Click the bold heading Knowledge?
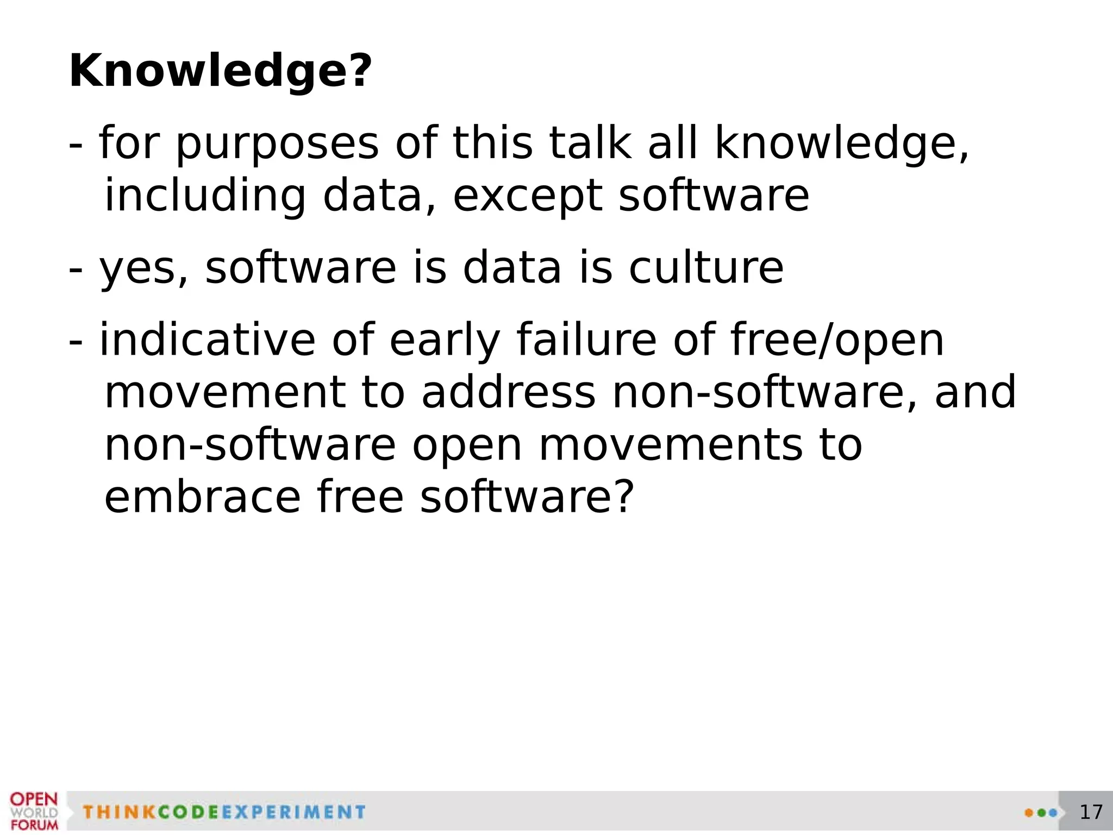(221, 71)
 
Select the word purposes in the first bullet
(277, 145)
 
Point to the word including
(205, 197)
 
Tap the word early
(445, 341)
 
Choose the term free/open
(837, 341)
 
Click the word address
(509, 392)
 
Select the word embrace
(202, 497)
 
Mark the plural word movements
(670, 445)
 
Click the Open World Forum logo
(34, 811)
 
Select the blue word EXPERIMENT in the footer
(293, 812)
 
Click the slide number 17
(1091, 812)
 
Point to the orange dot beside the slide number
(1028, 813)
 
